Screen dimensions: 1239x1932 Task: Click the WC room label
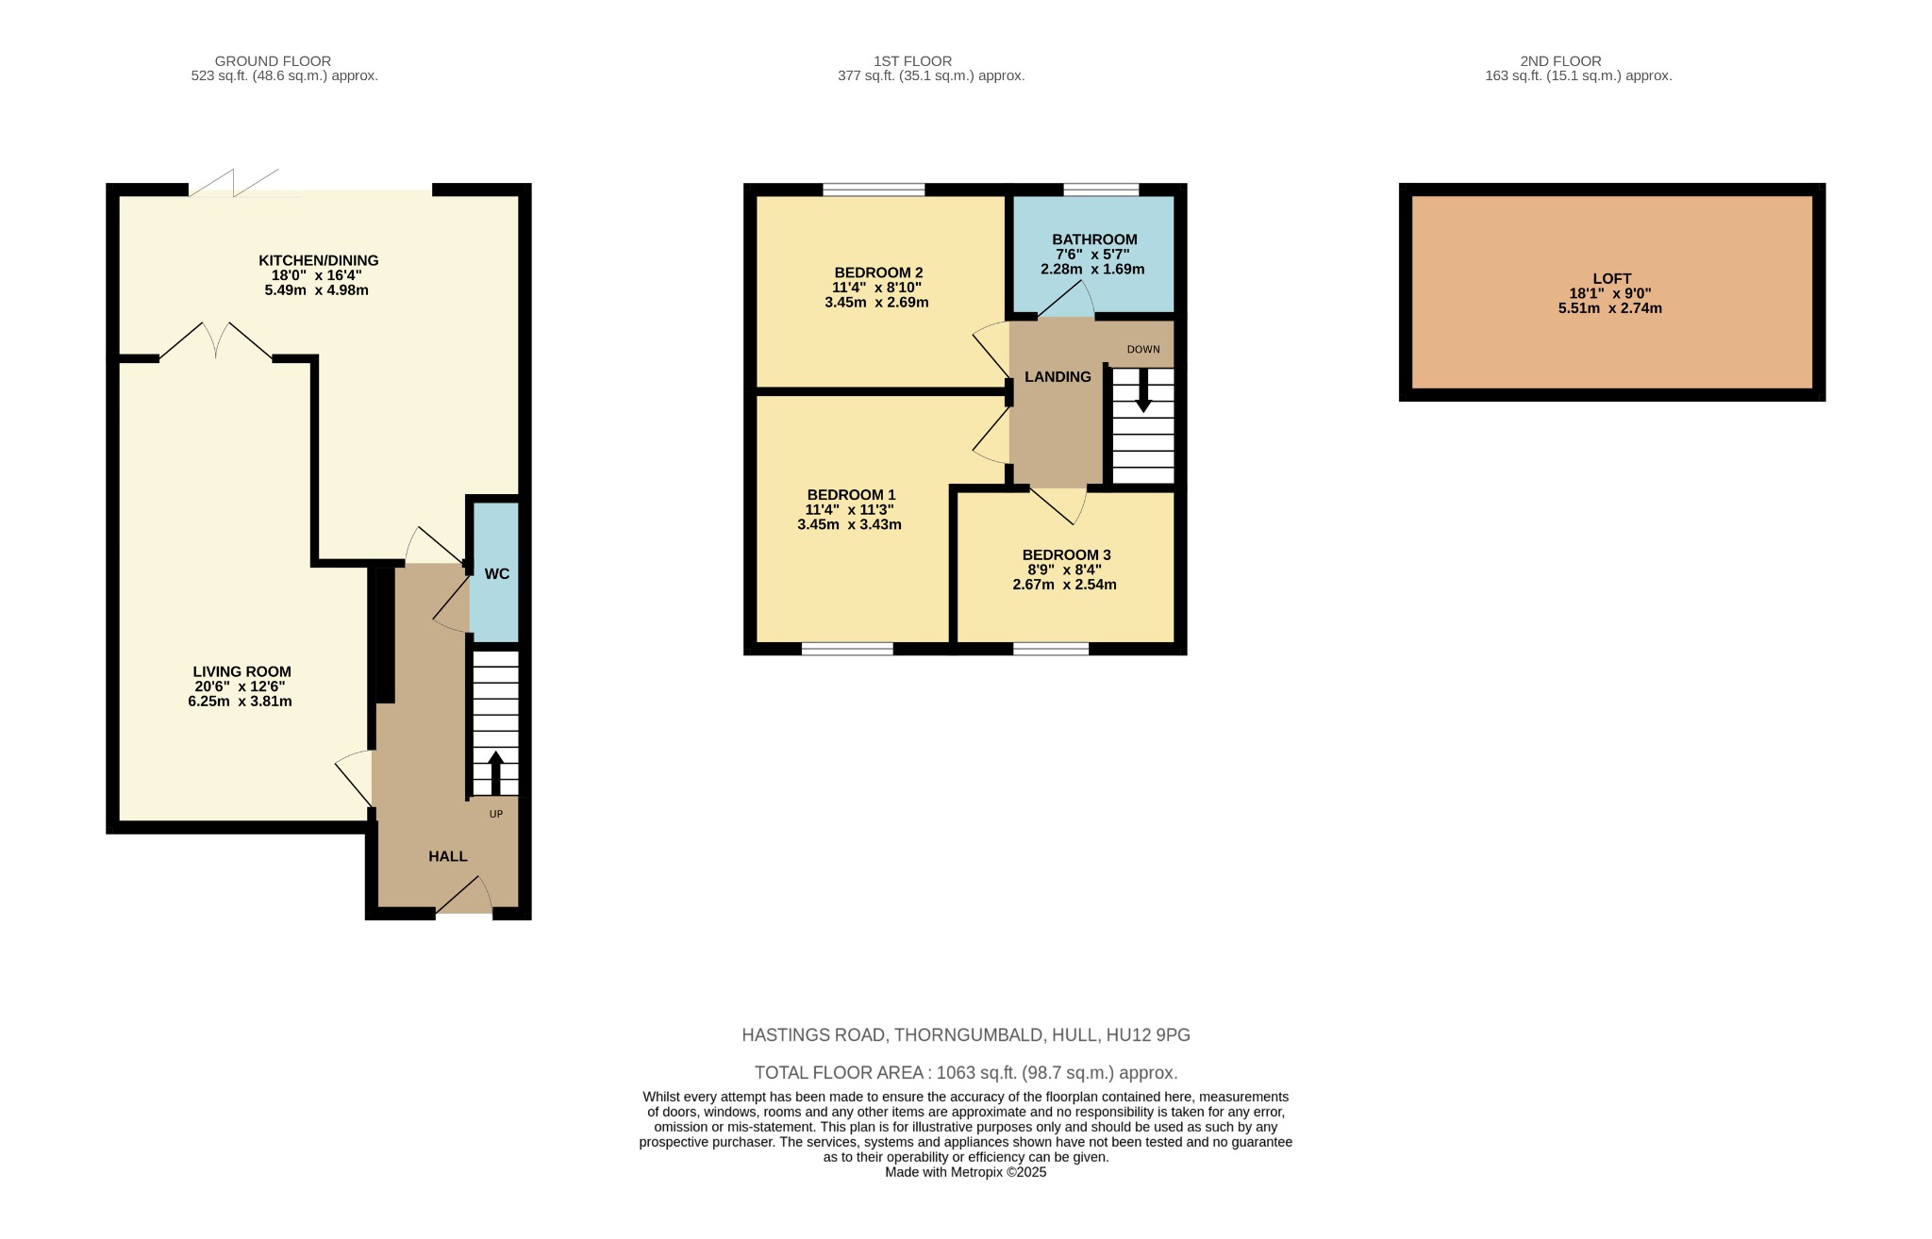(x=496, y=573)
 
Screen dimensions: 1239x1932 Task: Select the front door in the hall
(x=464, y=897)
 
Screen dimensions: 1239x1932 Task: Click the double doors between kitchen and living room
(x=216, y=341)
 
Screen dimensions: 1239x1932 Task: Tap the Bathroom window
(x=1100, y=190)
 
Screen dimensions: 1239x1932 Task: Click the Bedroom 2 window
(x=874, y=190)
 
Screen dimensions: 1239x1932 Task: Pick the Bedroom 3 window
(x=1051, y=649)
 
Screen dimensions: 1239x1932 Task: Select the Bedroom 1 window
(x=847, y=649)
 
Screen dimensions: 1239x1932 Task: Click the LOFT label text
(x=1611, y=278)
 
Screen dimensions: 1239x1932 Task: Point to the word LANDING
(x=1058, y=376)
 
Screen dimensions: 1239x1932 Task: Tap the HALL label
(x=447, y=856)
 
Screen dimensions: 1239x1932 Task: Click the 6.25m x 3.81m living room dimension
(x=240, y=702)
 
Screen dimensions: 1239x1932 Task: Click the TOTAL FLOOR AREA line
(x=966, y=1072)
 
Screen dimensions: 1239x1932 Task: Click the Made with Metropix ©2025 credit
(x=966, y=1172)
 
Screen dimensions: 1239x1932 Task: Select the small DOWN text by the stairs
(x=1143, y=349)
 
